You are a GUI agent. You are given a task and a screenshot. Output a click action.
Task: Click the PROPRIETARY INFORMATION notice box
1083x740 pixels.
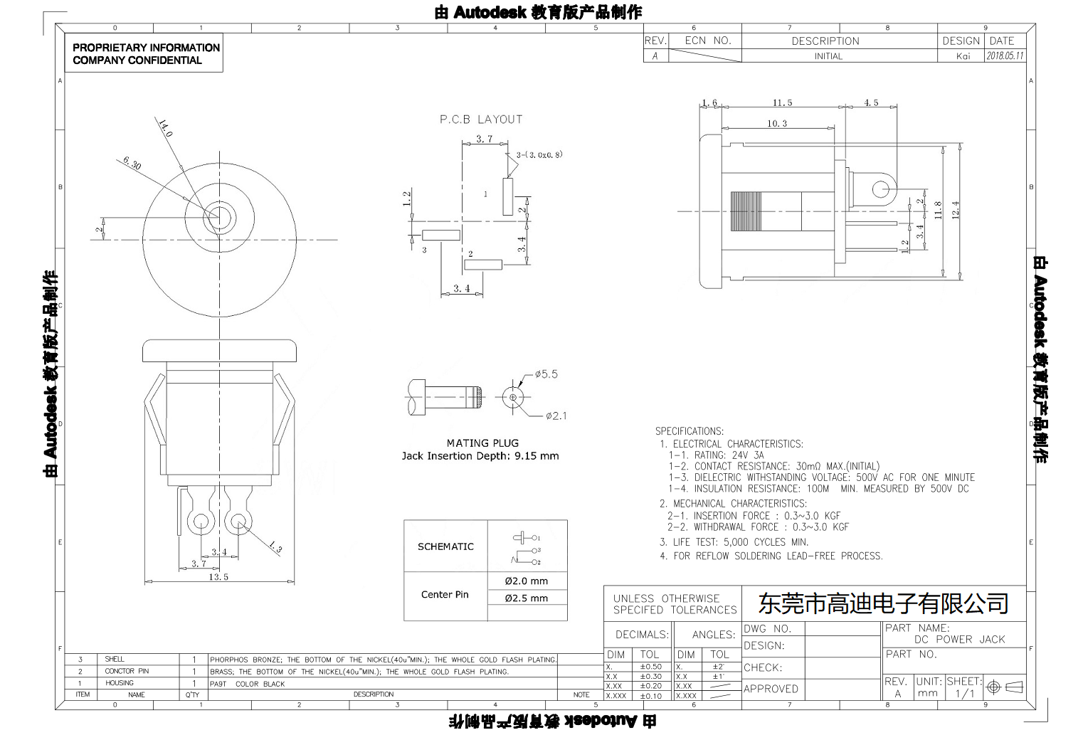(146, 53)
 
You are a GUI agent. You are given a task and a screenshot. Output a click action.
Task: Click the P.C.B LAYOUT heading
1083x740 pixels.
(480, 120)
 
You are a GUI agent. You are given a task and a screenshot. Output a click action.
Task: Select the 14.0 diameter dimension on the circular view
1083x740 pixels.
(165, 129)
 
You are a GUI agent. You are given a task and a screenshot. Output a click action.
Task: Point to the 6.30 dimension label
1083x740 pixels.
(132, 163)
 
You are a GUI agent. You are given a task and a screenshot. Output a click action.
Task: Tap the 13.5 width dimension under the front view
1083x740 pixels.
(218, 577)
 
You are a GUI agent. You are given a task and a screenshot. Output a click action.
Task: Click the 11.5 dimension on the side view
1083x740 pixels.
(782, 103)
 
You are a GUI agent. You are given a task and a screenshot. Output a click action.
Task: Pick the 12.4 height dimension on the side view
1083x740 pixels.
(955, 210)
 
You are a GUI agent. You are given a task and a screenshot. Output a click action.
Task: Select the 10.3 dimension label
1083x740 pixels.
(777, 124)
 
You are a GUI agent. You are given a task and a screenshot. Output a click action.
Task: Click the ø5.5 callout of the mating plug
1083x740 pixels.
(546, 374)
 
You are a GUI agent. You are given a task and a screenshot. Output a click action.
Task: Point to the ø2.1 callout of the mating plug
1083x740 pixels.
(556, 416)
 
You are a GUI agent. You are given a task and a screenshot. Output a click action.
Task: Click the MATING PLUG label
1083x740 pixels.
(482, 443)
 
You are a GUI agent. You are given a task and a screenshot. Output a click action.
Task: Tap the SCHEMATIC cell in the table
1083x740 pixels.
(445, 546)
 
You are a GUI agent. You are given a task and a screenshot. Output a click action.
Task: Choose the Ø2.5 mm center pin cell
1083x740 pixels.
(527, 598)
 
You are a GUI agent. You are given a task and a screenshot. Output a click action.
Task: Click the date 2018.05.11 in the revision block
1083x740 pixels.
(1005, 56)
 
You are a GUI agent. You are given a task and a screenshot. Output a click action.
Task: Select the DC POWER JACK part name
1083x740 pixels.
(959, 639)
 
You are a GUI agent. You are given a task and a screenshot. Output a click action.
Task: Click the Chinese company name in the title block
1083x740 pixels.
(883, 603)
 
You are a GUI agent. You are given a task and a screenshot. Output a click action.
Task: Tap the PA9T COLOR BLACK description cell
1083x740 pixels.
(247, 684)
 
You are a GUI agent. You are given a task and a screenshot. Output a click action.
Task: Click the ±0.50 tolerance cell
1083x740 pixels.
(650, 667)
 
